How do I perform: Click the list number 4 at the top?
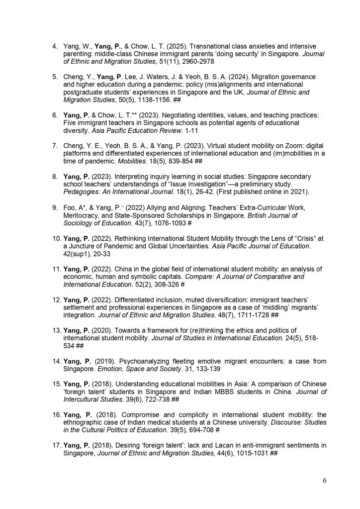tap(55, 46)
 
